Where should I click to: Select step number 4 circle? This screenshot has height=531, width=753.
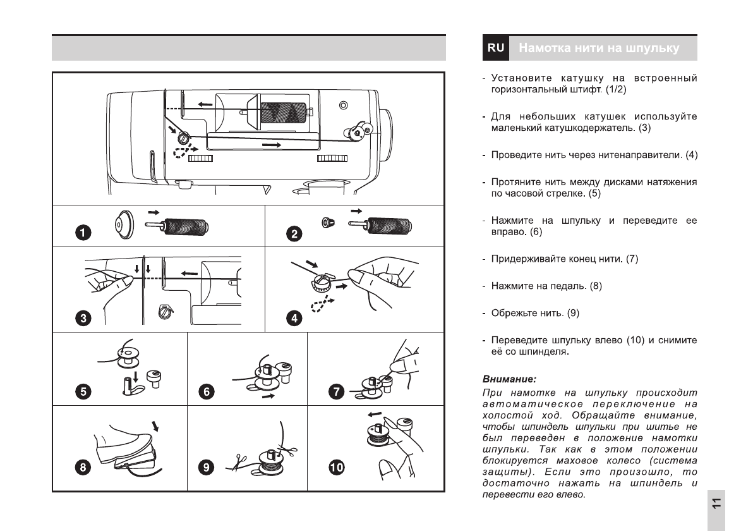pyautogui.click(x=294, y=318)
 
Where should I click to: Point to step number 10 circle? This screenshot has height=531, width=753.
pyautogui.click(x=337, y=468)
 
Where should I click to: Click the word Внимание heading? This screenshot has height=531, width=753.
pyautogui.click(x=509, y=379)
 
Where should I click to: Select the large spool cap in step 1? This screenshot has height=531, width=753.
pyautogui.click(x=124, y=224)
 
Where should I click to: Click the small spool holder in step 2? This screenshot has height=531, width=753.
pyautogui.click(x=328, y=223)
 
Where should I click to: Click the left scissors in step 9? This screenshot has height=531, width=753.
pyautogui.click(x=239, y=462)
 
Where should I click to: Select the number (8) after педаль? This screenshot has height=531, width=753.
pyautogui.click(x=596, y=286)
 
